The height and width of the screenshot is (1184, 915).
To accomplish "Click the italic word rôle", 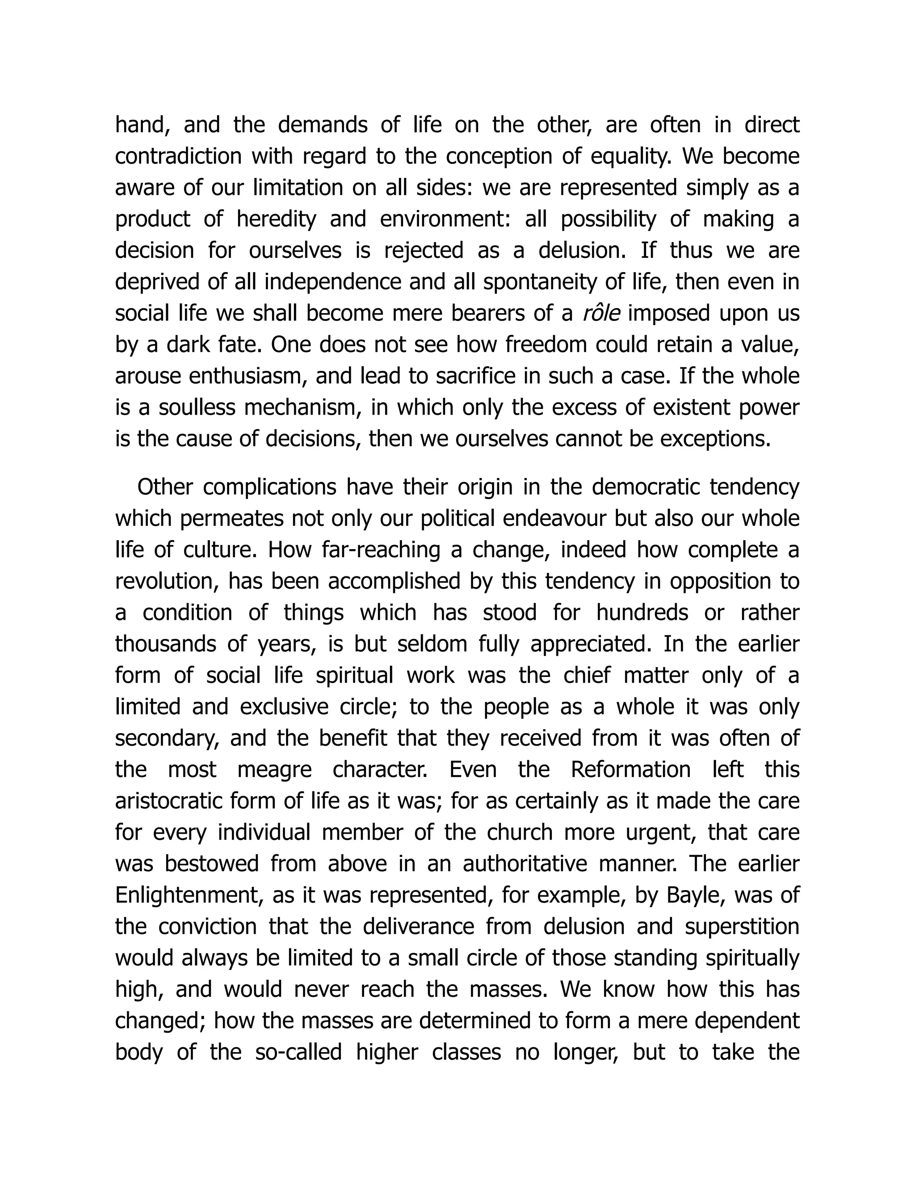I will coord(601,313).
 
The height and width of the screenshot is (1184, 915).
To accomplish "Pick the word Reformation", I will coord(630,770).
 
